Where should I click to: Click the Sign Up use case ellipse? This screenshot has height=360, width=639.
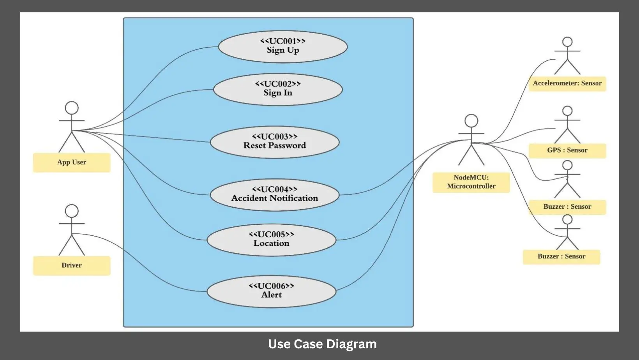point(282,47)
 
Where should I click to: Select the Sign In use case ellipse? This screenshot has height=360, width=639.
point(278,90)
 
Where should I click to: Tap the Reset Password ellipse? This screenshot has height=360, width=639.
point(275,142)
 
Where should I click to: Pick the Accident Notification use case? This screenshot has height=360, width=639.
point(275,195)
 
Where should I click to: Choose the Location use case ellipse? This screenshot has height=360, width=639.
point(272,240)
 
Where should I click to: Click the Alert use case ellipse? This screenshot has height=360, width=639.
point(272,291)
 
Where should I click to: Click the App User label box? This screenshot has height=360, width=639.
point(72,162)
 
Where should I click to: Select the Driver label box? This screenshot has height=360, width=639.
point(72,265)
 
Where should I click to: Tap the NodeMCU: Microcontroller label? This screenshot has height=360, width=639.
point(471,182)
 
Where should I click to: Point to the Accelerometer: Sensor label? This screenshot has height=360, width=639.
point(567,83)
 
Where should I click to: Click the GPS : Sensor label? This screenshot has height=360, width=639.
point(567,150)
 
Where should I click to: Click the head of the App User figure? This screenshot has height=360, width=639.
point(72,108)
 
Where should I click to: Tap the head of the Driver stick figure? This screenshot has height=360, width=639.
point(72,211)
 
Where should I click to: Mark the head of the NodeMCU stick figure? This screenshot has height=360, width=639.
point(471,120)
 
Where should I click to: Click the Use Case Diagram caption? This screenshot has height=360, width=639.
point(322,344)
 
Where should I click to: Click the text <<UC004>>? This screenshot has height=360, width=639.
point(275,189)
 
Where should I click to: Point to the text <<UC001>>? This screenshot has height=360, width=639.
point(283,41)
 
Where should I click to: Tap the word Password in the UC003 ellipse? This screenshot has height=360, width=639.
point(288,146)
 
